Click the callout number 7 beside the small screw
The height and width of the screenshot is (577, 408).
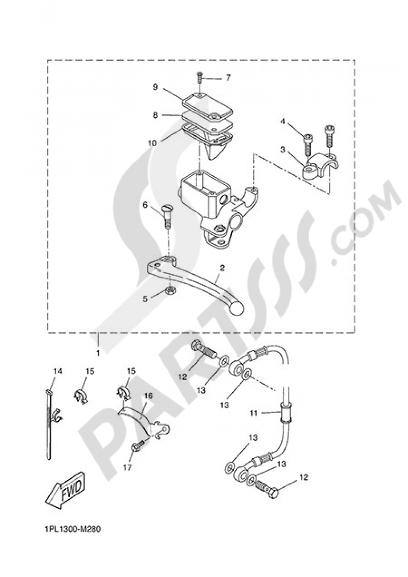click(228, 77)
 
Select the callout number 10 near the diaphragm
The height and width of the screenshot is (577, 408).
click(152, 143)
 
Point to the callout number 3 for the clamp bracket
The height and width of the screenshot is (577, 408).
click(282, 150)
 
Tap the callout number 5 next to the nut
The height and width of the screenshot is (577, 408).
click(145, 299)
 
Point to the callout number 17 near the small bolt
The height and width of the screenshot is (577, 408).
click(127, 467)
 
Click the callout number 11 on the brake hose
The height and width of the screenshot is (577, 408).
click(254, 413)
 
